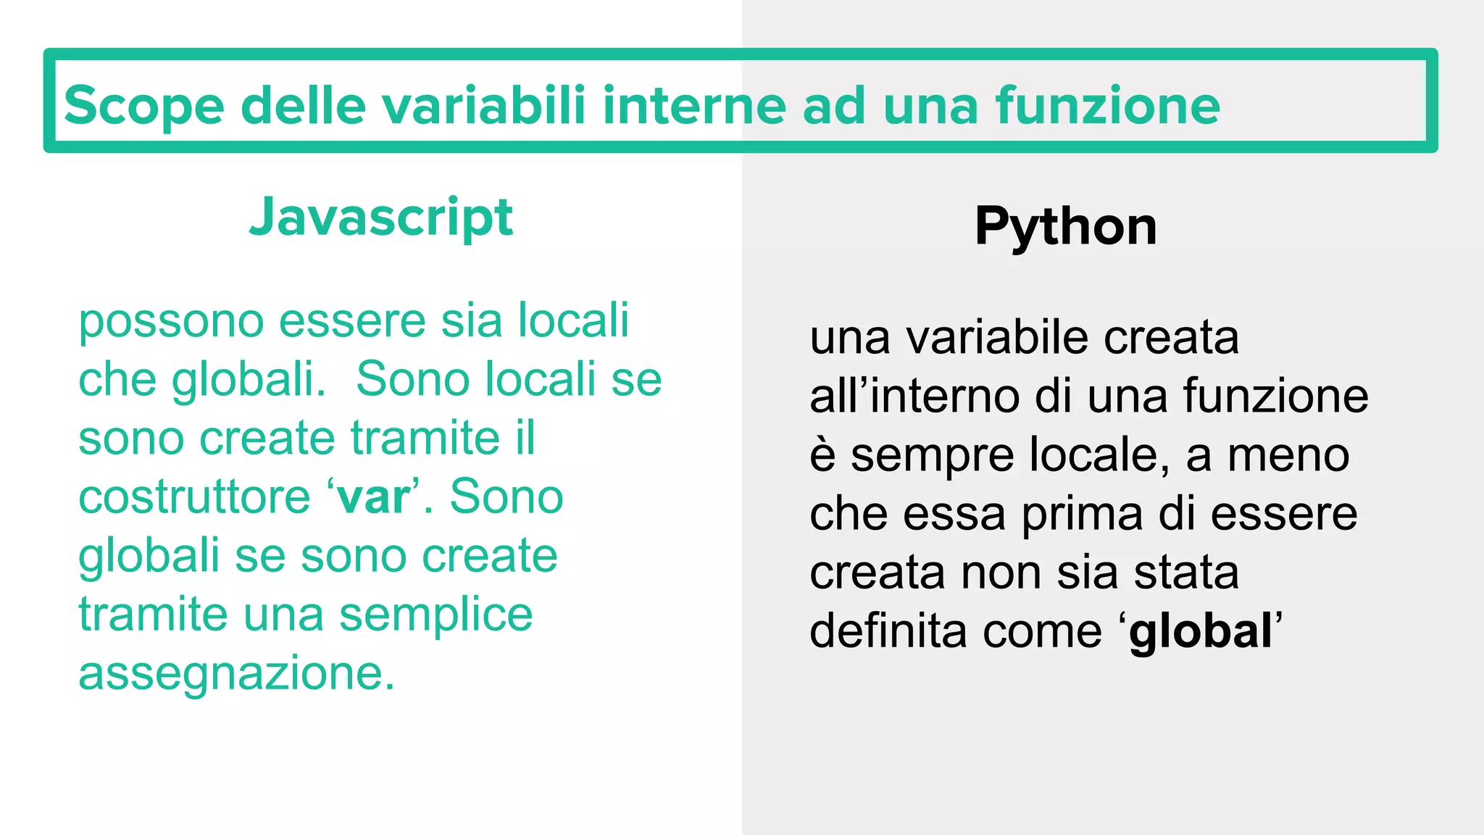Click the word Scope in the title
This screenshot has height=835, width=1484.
click(x=143, y=106)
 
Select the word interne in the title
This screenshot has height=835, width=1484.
click(x=693, y=104)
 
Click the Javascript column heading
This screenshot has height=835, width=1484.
click(x=380, y=217)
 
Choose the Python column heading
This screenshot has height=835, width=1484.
click(x=1065, y=226)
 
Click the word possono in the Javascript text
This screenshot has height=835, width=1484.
click(x=171, y=321)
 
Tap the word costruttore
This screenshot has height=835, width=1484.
click(x=194, y=497)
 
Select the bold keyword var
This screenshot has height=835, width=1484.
click(x=373, y=497)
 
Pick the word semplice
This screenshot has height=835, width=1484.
click(x=435, y=615)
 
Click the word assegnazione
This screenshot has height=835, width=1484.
click(x=236, y=674)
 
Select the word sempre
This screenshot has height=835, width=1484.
click(x=932, y=457)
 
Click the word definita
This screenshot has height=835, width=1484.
click(x=888, y=630)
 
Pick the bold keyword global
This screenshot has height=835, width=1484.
click(x=1200, y=631)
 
